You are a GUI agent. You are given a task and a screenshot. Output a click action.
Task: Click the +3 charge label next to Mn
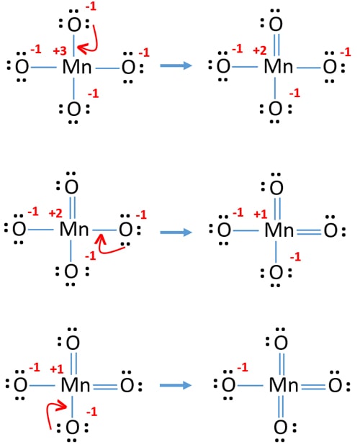point(60,51)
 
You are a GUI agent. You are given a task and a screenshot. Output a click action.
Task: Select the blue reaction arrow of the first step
point(176,66)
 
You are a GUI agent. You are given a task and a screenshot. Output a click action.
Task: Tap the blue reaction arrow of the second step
point(176,232)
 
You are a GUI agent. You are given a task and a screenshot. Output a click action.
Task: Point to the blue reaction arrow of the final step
point(176,385)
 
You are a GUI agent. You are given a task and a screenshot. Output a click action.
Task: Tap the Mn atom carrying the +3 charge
point(77,67)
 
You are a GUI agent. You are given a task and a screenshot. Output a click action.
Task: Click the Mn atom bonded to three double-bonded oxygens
point(284,385)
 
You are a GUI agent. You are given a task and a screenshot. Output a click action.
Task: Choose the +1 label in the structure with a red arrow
point(57,369)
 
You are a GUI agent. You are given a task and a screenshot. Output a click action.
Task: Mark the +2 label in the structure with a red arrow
point(55,213)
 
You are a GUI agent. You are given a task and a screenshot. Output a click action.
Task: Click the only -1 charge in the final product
point(243,367)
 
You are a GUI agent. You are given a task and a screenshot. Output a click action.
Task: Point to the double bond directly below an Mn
point(281,406)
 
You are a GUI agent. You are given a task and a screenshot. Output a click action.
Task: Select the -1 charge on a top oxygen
point(91,6)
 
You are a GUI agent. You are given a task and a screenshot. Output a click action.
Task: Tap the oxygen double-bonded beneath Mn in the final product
point(280,428)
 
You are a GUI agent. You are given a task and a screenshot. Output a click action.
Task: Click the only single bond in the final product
point(250,386)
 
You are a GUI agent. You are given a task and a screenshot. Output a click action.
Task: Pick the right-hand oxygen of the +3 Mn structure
point(128,67)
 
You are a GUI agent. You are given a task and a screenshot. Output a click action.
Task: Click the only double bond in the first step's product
point(276,45)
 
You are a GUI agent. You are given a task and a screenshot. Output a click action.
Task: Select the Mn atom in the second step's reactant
point(74,230)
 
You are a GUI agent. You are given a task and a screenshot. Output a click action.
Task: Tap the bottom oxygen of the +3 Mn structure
point(74,109)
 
